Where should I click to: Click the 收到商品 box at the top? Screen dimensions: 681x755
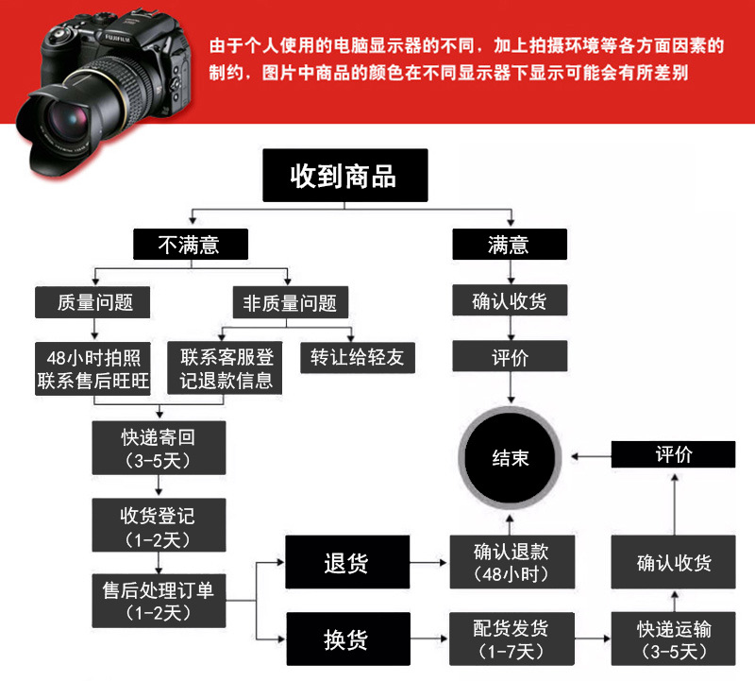point(344,176)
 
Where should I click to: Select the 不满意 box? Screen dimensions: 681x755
point(190,246)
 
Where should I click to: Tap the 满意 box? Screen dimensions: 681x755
point(510,246)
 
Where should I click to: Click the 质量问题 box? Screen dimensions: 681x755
point(95,303)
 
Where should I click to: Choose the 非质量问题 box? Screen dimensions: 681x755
point(290,303)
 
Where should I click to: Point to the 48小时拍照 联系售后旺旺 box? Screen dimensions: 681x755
point(93,369)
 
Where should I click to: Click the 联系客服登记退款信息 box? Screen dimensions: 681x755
point(226,369)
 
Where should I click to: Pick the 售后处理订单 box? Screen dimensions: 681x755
point(158,601)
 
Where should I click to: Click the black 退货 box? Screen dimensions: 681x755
point(347,564)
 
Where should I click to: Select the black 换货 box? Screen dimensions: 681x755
point(347,638)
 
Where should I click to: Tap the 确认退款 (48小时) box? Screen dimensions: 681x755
point(511,563)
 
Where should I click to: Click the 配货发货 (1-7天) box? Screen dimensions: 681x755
point(511,638)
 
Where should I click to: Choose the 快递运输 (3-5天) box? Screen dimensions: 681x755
point(674,638)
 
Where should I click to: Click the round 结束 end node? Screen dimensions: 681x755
point(511,458)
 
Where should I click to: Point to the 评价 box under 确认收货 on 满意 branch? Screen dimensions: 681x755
point(510,358)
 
